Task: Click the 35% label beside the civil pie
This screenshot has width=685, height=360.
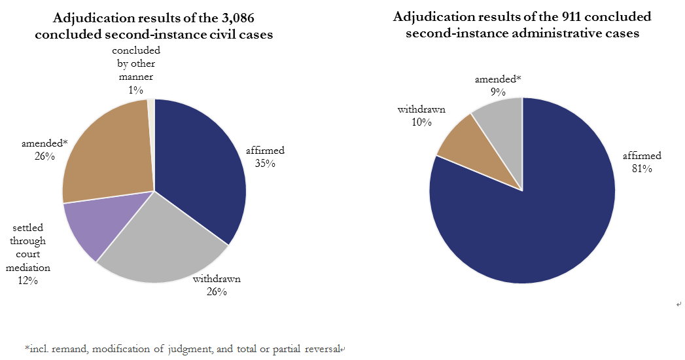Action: pyautogui.click(x=265, y=163)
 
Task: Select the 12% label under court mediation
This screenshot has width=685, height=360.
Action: pyautogui.click(x=28, y=280)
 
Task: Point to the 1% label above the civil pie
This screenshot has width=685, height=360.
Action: pyautogui.click(x=135, y=89)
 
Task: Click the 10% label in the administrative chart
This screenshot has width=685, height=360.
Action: pyautogui.click(x=421, y=122)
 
